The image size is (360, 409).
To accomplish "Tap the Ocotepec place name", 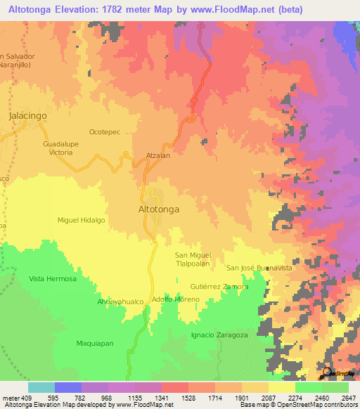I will (x=105, y=131).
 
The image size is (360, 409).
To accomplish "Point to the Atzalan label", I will (x=158, y=156).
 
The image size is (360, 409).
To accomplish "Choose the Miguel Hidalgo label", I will (x=81, y=220).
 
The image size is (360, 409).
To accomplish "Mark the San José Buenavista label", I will (x=259, y=268).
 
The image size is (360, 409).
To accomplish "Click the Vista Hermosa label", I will (x=52, y=278).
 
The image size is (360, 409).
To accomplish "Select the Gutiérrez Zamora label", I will (x=219, y=287).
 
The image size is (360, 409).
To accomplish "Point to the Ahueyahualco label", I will (x=120, y=301).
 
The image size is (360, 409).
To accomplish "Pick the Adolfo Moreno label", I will (x=176, y=299).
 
